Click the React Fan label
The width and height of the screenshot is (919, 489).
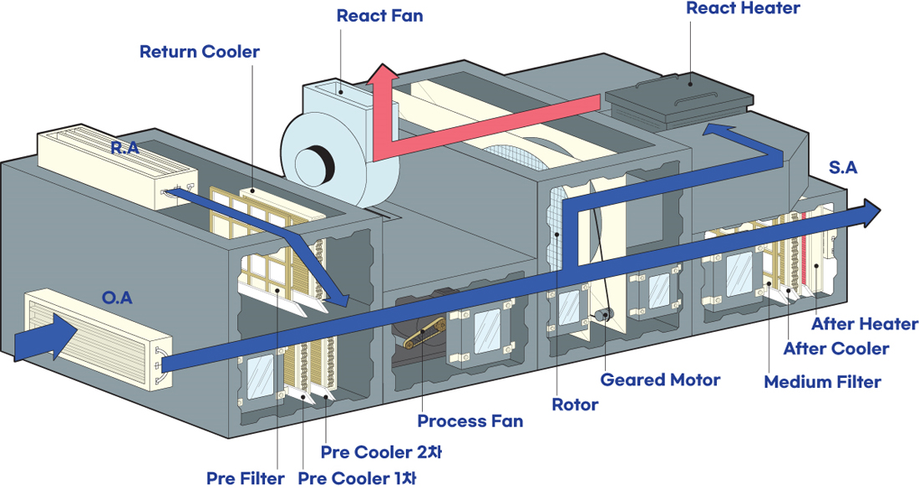click(x=379, y=16)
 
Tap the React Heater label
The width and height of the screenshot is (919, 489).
click(x=743, y=8)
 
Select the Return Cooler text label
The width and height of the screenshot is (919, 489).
click(x=200, y=52)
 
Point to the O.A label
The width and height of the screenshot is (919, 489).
click(x=117, y=298)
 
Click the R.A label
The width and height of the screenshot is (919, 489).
click(x=124, y=148)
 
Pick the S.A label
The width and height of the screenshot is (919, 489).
click(x=843, y=168)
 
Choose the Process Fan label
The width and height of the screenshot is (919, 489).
click(x=470, y=421)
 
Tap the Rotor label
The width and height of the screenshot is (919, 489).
click(x=575, y=405)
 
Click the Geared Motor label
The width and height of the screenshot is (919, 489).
click(x=660, y=380)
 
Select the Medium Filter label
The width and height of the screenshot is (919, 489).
click(x=822, y=382)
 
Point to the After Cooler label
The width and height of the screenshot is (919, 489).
click(x=836, y=349)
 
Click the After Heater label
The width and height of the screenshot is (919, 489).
click(x=865, y=323)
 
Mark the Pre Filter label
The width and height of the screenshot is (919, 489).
click(x=245, y=478)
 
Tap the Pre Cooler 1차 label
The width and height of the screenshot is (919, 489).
click(x=357, y=478)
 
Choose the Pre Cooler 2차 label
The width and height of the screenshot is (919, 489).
click(x=381, y=453)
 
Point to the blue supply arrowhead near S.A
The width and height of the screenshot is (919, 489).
click(x=869, y=213)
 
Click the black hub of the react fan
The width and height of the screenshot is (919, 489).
click(x=316, y=165)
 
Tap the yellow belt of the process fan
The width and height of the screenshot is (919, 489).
click(x=424, y=333)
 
